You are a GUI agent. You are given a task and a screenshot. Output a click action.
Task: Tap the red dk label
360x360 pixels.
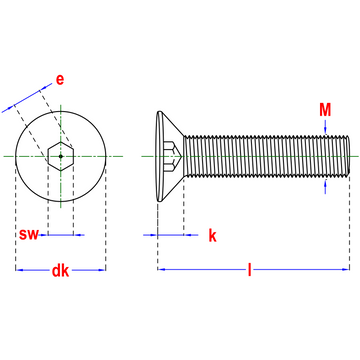[61, 270]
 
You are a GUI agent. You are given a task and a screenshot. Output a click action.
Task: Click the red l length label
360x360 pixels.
[250, 270]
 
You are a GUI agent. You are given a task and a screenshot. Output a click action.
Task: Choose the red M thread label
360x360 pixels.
[325, 108]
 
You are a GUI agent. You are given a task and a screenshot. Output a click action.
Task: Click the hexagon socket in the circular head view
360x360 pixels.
[61, 156]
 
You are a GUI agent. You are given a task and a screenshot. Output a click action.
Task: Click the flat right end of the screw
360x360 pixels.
[349, 156]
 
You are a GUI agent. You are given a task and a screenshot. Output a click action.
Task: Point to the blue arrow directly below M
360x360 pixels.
[325, 126]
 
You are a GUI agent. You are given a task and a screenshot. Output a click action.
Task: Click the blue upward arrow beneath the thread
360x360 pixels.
[325, 186]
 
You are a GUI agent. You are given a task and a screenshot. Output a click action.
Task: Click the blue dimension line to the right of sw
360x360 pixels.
[78, 235]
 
